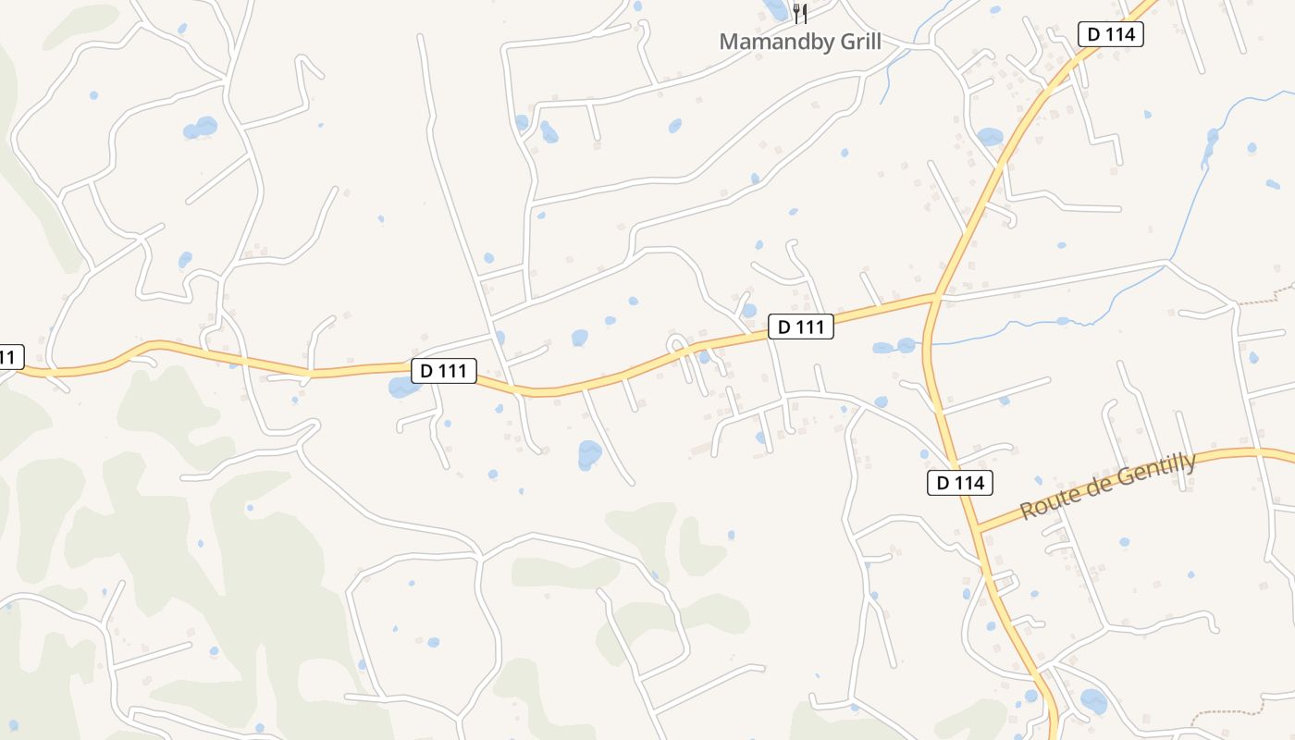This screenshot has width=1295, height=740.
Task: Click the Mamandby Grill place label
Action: coord(800,42)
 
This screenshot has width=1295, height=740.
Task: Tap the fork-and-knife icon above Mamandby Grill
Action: coord(800,14)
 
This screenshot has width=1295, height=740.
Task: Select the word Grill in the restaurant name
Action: coord(856,42)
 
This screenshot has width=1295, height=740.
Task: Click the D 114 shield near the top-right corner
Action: coord(1111,35)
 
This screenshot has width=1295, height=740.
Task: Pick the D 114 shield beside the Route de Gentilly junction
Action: coord(961,482)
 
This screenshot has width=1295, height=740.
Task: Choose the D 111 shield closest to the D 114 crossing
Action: coord(801,327)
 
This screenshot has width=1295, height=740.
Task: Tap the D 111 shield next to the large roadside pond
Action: coord(444,371)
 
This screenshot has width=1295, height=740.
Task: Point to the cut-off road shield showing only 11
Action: coord(9,356)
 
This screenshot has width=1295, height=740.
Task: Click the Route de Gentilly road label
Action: coord(1107,487)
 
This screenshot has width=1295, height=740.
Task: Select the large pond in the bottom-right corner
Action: coord(1093,701)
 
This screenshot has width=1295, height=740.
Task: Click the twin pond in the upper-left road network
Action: coord(200,127)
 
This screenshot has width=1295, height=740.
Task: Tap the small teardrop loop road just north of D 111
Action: coord(677,344)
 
